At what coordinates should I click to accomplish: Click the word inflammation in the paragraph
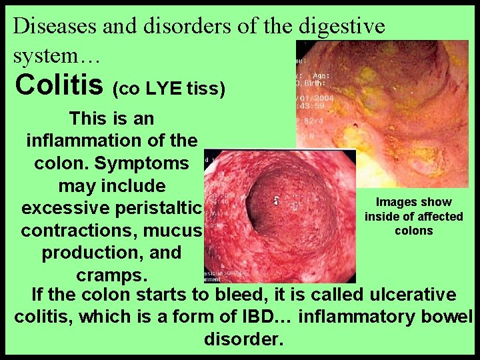83,141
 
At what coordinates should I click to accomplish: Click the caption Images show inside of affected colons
413,217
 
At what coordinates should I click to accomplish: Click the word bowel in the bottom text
447,317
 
